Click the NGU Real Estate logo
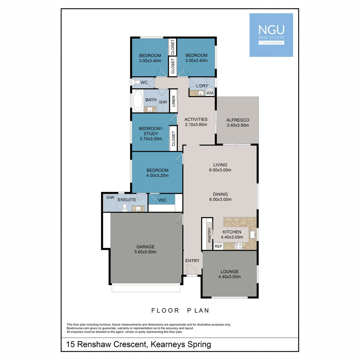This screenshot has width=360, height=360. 271,35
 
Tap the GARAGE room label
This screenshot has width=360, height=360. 145,247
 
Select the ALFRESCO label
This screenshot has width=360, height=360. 238,120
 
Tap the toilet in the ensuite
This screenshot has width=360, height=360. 125,208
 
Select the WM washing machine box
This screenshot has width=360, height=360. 210,93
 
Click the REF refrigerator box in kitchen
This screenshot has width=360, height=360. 218,246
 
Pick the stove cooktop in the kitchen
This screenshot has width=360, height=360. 238,246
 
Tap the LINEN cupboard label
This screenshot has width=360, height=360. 173,101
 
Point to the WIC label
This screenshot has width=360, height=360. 162,200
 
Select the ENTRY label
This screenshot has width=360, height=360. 192,261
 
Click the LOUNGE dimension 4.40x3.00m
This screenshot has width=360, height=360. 229,277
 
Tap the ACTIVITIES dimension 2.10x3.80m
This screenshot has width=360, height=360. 196,125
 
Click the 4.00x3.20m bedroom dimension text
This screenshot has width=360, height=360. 157,175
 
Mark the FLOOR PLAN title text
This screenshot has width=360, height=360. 180,310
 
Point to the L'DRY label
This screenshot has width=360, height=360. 202,86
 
